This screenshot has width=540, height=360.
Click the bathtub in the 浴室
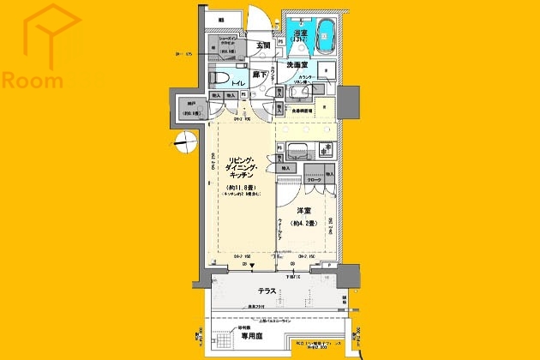coord(327,38)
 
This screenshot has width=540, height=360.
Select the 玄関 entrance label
coord(261,45)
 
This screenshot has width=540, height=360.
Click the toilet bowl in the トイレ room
coord(220,81)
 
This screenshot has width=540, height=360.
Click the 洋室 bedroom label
coord(305,210)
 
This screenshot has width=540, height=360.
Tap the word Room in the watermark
coord(33,81)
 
